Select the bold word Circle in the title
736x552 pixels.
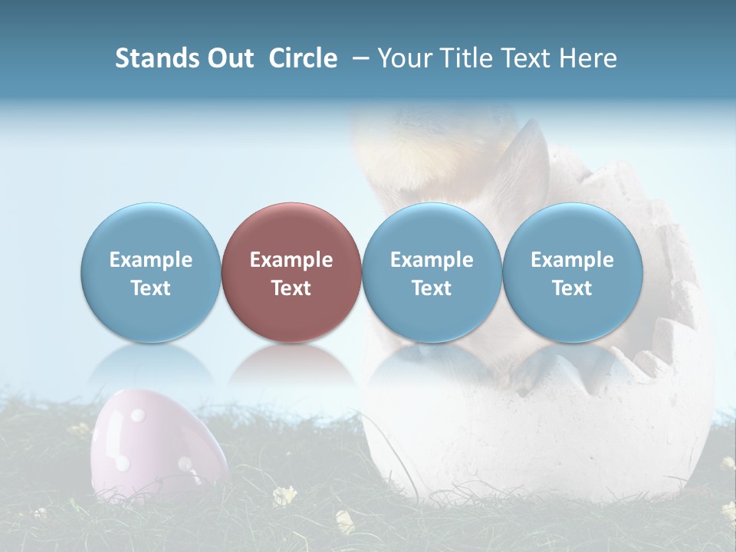(x=303, y=58)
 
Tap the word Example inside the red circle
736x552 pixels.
(x=291, y=260)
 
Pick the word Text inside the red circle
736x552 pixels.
(x=291, y=288)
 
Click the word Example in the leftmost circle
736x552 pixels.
(x=151, y=260)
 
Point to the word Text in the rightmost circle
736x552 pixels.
(x=573, y=288)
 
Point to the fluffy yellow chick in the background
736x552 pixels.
(x=429, y=146)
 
